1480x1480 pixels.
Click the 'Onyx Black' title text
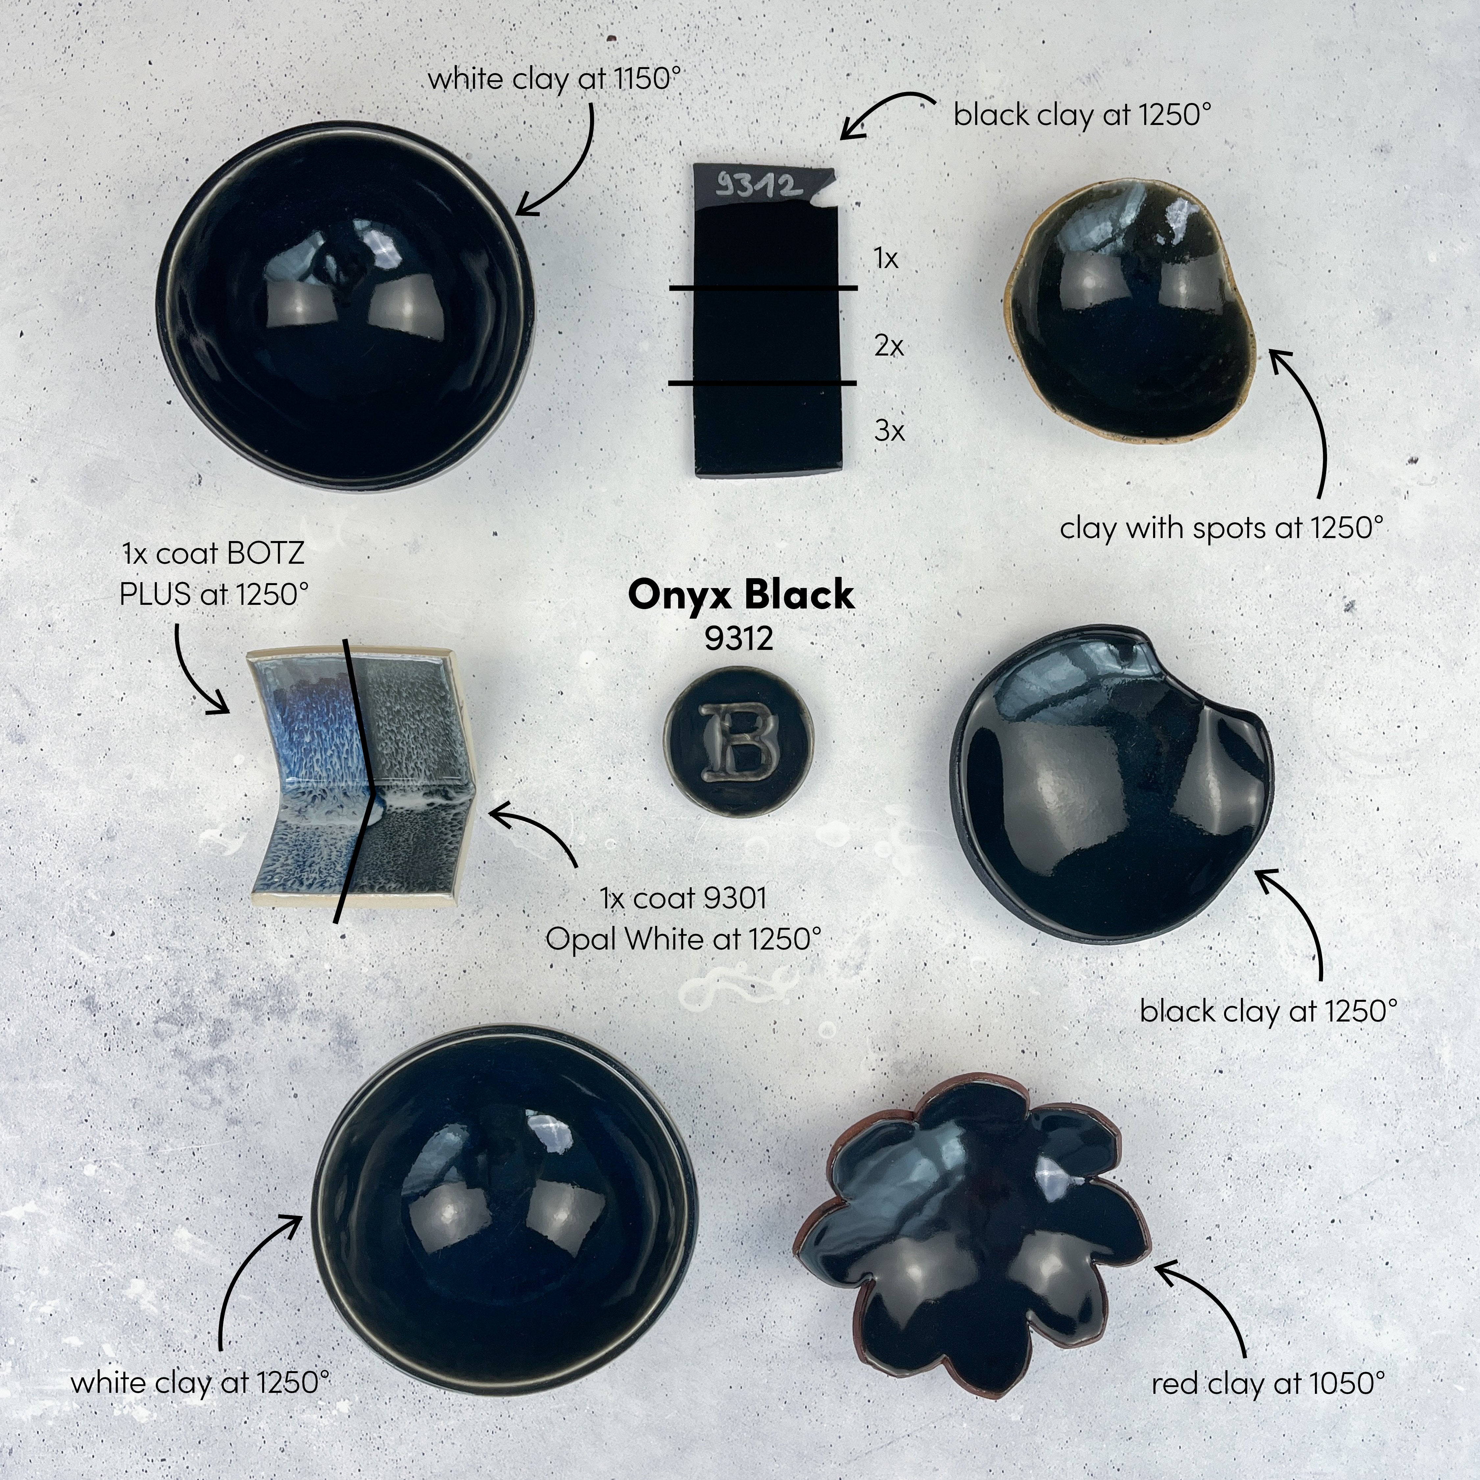click(x=740, y=594)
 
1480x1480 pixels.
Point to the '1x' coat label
click(x=886, y=259)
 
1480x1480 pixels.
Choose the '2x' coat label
click(x=889, y=346)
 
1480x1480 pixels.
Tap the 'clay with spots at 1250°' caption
click(x=1222, y=528)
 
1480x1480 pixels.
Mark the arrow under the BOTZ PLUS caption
click(x=195, y=670)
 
